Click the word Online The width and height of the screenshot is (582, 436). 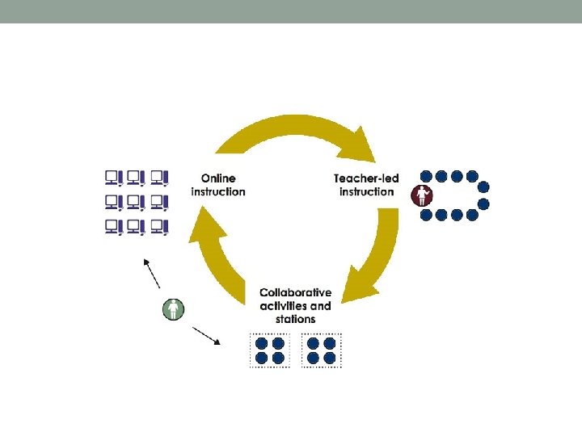[x=218, y=178]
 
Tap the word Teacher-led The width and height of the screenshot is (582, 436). [x=364, y=178]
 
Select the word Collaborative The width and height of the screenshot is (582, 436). [x=296, y=293]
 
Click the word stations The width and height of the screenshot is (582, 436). [x=295, y=319]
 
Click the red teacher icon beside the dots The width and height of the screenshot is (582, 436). [x=423, y=195]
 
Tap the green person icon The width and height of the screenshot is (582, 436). [x=173, y=308]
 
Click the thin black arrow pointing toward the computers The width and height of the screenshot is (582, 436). [x=151, y=273]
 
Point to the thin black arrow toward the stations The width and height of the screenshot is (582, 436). [x=206, y=335]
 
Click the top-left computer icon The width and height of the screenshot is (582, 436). [x=113, y=177]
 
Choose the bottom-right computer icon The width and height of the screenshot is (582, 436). [x=159, y=227]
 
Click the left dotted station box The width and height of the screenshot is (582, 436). [x=270, y=350]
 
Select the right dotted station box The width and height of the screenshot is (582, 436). [x=321, y=350]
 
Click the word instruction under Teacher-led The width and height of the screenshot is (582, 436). [x=366, y=191]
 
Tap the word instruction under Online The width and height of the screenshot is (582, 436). [x=218, y=191]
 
